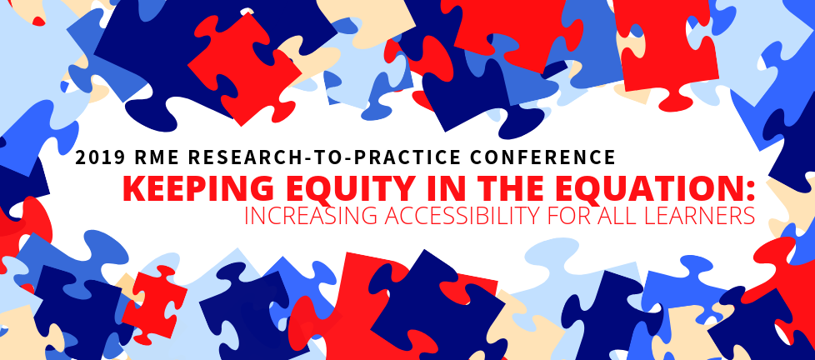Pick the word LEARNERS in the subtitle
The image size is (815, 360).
coord(698,216)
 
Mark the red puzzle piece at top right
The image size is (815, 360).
coord(664,47)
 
